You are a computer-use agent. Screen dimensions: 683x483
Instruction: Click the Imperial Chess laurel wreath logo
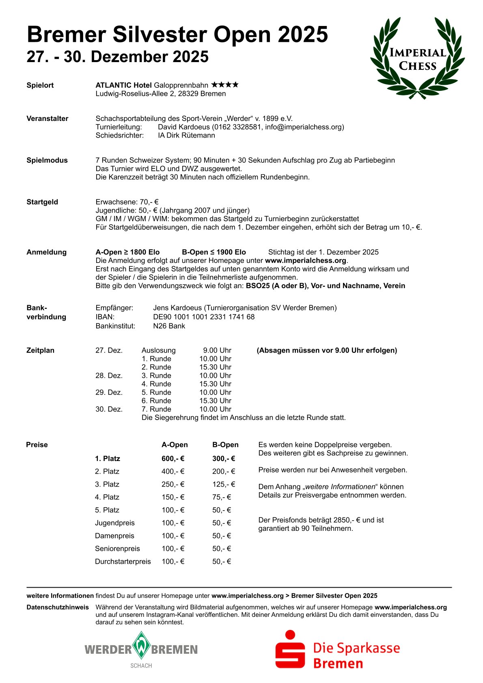tap(418, 58)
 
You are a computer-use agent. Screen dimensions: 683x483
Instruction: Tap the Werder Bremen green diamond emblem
tap(141, 645)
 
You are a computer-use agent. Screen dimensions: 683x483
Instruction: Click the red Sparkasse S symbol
tap(290, 649)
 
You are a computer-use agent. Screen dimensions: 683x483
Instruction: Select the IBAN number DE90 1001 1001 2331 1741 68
tap(204, 317)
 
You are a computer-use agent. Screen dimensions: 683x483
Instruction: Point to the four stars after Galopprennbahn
tap(225, 85)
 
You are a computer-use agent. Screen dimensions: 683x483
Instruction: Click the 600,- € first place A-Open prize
tap(173, 459)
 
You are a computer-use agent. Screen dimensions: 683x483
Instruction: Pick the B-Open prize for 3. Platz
tap(224, 484)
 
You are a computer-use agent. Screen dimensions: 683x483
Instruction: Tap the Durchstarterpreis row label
tap(123, 562)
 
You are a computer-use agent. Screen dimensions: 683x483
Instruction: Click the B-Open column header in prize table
tap(225, 445)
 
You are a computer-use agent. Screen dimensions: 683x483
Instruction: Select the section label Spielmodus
tap(47, 160)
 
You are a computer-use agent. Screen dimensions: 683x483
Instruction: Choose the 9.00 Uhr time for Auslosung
tap(217, 350)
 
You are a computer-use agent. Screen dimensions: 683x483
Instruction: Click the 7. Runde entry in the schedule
tap(156, 409)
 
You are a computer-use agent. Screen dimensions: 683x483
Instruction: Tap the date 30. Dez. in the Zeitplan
tap(109, 409)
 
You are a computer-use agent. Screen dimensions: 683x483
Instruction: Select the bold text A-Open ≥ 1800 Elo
tap(127, 252)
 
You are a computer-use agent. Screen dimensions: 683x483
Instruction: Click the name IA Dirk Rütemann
tap(186, 136)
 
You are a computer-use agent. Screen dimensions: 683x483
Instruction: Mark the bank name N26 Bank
tap(169, 326)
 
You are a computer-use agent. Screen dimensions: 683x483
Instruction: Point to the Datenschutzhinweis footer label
tap(58, 608)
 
